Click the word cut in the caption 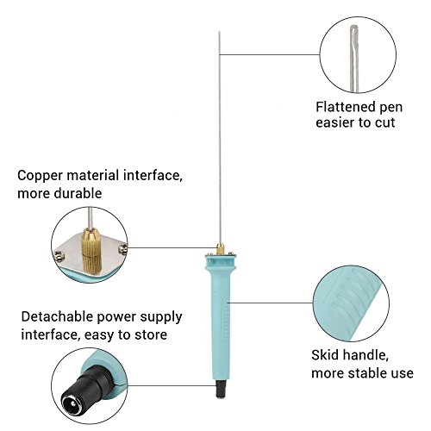click(384, 122)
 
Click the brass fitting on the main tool click(220, 249)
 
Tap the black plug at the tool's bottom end click(220, 390)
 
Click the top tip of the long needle click(219, 31)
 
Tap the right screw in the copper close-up click(122, 249)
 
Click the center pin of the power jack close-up click(72, 403)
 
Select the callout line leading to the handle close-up click(271, 303)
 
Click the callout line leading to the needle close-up click(270, 54)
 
